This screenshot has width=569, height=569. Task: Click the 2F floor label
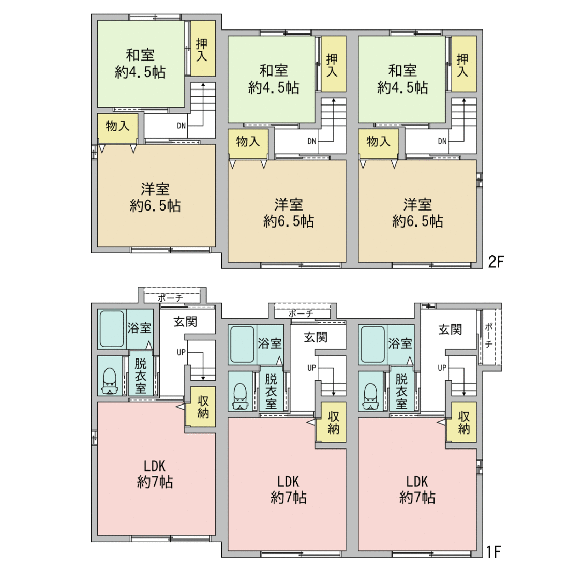tap(496, 262)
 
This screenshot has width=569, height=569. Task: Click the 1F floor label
tap(493, 552)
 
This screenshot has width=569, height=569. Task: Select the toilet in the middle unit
tap(240, 397)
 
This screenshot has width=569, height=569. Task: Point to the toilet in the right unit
tap(370, 397)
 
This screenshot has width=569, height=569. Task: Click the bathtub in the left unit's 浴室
tap(112, 329)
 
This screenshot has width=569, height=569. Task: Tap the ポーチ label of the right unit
tap(488, 336)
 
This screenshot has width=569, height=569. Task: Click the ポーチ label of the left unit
tap(170, 298)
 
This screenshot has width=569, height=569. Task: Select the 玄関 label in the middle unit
tap(316, 337)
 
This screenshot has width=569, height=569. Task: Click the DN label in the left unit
tap(181, 126)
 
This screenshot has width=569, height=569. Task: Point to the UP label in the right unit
tap(442, 368)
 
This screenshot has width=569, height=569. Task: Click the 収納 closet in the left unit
tap(200, 407)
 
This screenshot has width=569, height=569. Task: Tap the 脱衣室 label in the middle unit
tap(271, 391)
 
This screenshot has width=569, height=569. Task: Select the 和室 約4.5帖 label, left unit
tap(140, 64)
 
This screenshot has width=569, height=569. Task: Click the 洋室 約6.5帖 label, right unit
tap(417, 213)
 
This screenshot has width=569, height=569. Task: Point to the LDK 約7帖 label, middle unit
tap(289, 489)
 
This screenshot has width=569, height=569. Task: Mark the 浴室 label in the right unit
tap(400, 343)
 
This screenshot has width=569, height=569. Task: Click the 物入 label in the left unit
tap(117, 126)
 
